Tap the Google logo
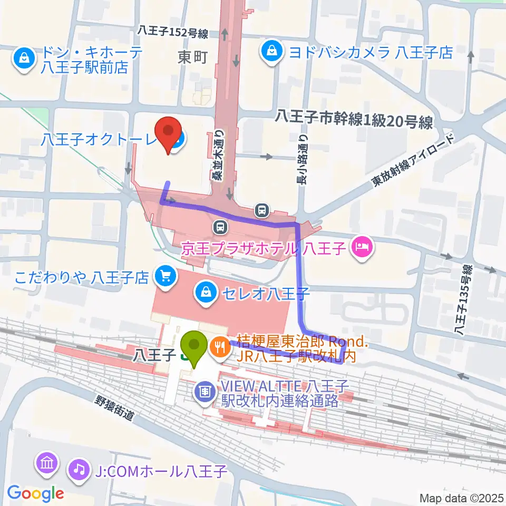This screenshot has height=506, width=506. pyautogui.click(x=35, y=493)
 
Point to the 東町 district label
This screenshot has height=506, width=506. pyautogui.click(x=193, y=57)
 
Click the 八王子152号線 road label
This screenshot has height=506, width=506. pyautogui.click(x=172, y=33)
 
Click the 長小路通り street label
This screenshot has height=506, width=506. pyautogui.click(x=302, y=158)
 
